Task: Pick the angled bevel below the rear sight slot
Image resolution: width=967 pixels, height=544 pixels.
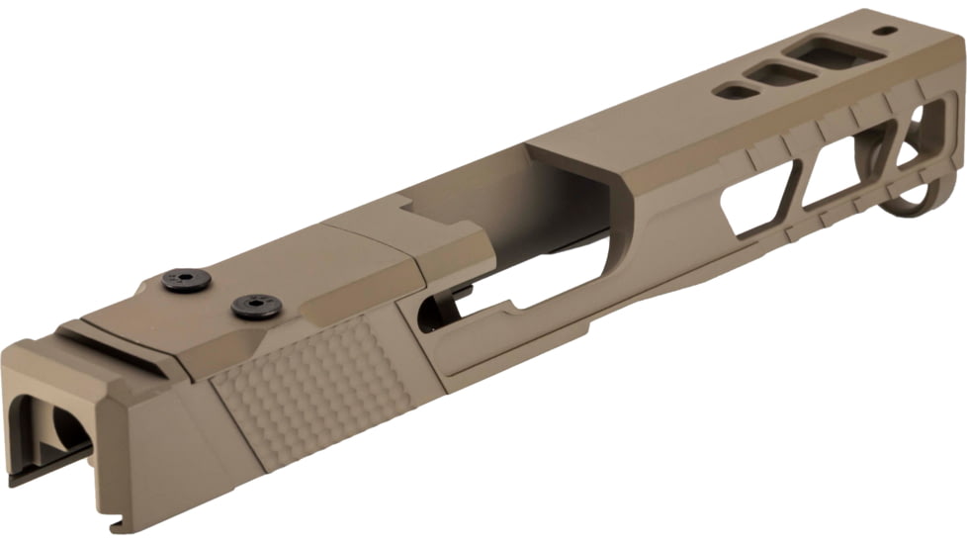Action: (148, 396)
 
